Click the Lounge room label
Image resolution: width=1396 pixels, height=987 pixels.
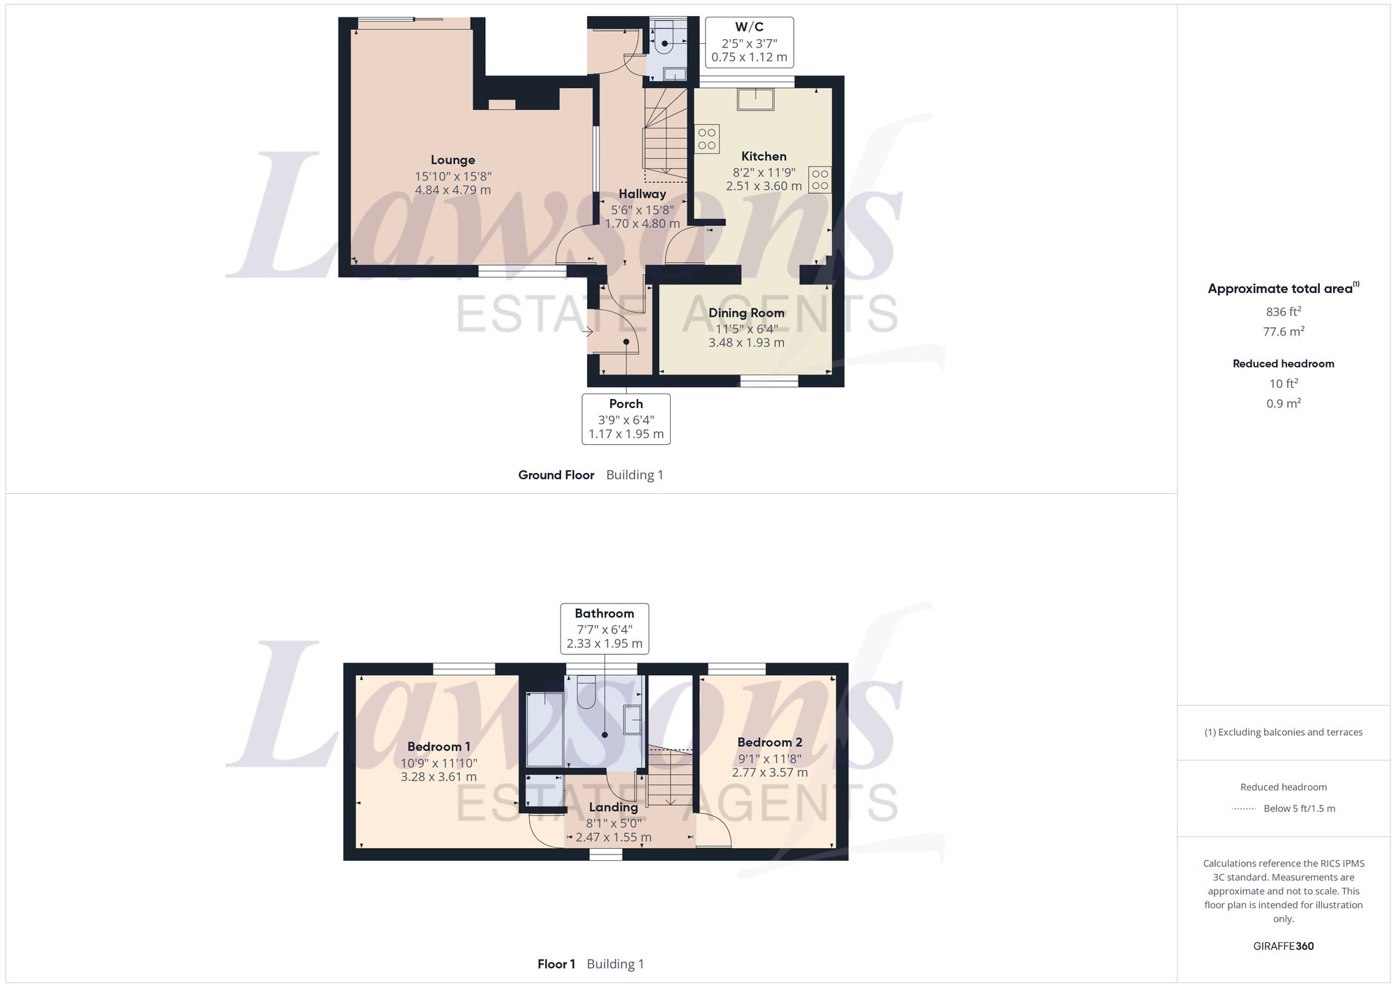coord(452,160)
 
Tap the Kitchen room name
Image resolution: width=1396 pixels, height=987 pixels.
coord(764,157)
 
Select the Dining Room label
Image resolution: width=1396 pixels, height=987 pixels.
coord(746,313)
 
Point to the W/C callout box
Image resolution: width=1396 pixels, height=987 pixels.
coord(749,43)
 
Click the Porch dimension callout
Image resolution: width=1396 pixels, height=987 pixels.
coord(626,419)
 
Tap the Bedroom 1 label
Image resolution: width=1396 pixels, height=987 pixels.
coord(438,747)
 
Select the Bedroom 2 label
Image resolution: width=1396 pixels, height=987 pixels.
coord(769,743)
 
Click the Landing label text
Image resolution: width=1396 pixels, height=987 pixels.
coord(613,808)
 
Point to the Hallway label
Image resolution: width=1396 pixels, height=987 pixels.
coord(642,195)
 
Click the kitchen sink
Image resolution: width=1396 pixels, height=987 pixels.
coord(755,100)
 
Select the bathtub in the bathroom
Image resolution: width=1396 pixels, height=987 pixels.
coord(544,730)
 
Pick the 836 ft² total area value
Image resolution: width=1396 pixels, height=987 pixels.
coord(1283,312)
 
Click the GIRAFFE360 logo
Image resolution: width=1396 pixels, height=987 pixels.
coord(1283,947)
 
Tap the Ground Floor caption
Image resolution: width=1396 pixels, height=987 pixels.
coord(556,475)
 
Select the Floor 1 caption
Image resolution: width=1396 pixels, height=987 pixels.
coord(556,965)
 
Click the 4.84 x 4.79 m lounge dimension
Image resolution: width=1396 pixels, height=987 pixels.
coord(452,190)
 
